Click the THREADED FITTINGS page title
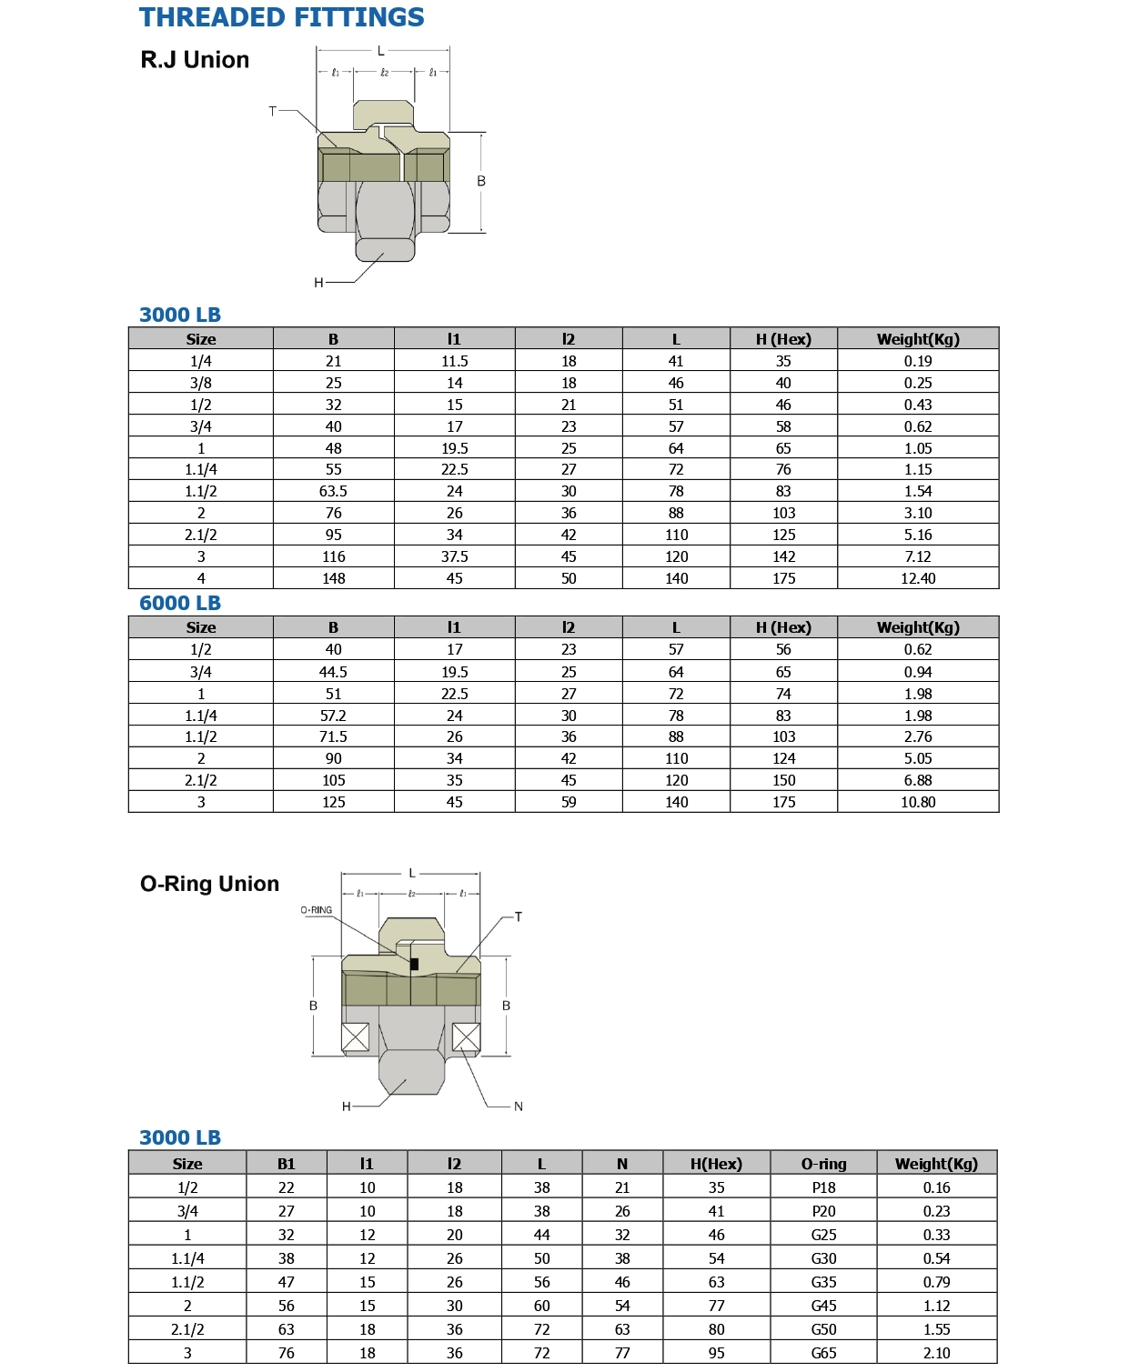click(281, 17)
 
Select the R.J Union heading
click(195, 60)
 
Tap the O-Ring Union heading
click(209, 884)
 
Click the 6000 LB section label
click(180, 603)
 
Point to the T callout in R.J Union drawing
click(272, 111)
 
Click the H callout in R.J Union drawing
click(318, 283)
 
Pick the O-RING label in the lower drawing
click(317, 910)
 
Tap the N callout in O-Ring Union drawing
click(519, 1107)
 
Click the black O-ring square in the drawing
click(415, 964)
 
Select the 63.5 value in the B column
click(333, 491)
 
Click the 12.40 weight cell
click(917, 578)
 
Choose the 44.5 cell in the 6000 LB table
click(333, 672)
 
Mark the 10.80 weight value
click(917, 802)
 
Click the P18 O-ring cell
click(823, 1187)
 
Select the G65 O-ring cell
click(823, 1353)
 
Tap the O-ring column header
click(823, 1164)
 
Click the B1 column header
click(286, 1164)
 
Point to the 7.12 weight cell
click(917, 556)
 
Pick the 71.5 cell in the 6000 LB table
click(333, 736)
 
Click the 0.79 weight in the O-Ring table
click(936, 1282)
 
